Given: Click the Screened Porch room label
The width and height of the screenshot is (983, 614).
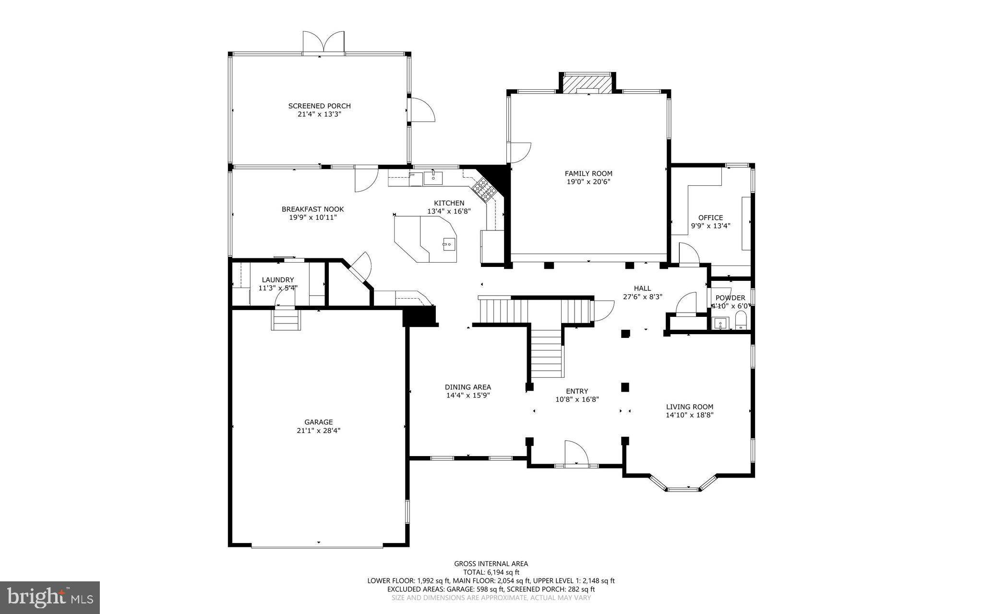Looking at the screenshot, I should point(319,106).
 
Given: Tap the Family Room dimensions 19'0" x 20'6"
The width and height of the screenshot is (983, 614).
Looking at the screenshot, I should point(588,182).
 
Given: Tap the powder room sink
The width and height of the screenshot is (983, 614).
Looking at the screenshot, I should point(720,323).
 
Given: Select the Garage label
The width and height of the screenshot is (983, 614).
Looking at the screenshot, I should point(318,422).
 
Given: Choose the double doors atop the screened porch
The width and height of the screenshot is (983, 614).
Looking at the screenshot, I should point(324,42).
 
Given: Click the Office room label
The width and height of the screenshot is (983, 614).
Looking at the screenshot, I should point(710,217).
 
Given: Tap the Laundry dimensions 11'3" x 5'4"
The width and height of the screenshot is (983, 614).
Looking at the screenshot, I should point(278,288).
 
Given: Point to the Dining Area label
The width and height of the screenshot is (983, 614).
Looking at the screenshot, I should point(468,387).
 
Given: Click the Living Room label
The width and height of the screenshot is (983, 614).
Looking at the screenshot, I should point(689,407).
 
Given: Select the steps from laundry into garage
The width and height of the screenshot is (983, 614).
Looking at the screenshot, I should point(286,320).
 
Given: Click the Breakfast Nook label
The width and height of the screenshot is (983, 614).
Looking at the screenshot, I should point(312,209).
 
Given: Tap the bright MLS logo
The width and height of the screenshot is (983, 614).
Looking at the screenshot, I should point(50,597).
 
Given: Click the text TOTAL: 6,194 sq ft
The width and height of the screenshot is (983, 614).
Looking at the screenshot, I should point(491,572).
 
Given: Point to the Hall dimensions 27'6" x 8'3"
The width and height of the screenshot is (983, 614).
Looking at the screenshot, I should point(642,297).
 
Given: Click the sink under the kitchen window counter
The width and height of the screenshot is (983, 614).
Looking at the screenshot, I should point(433,178).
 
